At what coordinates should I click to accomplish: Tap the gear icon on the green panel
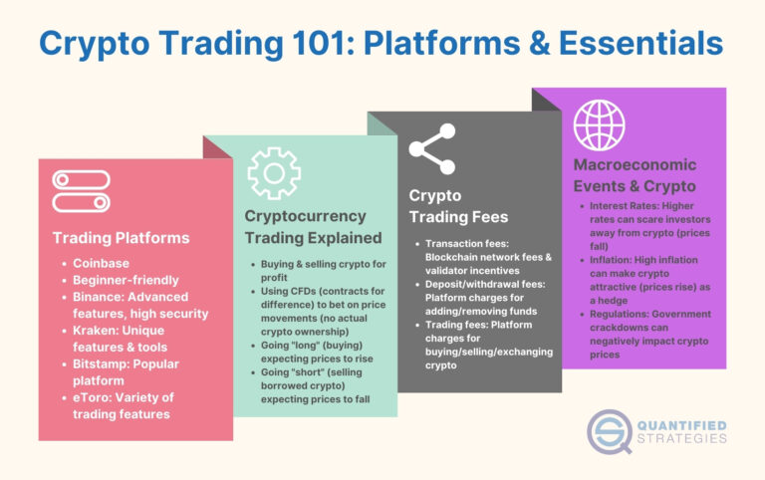click(274, 174)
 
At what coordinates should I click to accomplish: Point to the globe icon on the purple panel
click(598, 123)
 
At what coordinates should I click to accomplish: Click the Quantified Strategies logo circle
click(609, 429)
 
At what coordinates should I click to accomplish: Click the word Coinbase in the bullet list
click(102, 263)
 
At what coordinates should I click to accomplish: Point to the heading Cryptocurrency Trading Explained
click(313, 226)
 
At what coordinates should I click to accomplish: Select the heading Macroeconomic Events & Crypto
click(635, 175)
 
